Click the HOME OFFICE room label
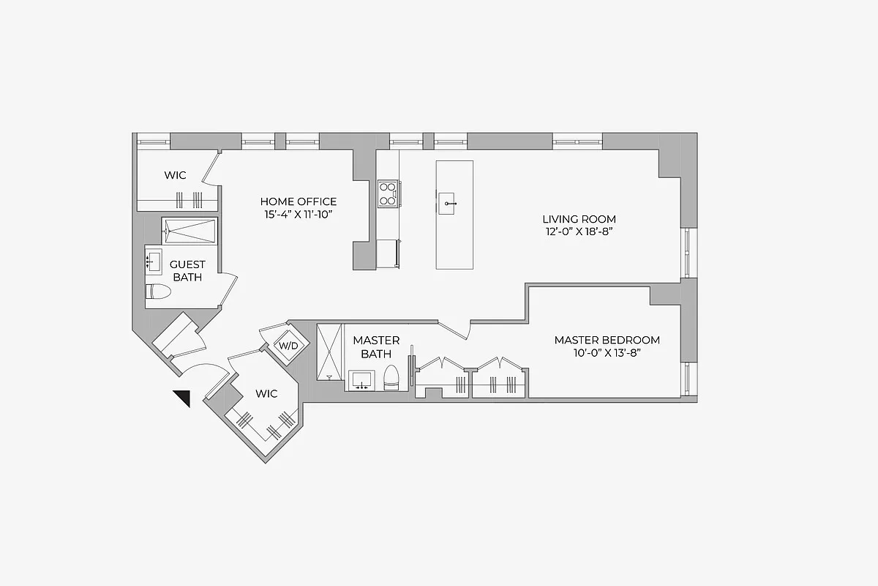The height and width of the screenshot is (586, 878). [x=299, y=201]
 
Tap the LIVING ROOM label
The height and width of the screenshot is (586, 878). [x=579, y=219]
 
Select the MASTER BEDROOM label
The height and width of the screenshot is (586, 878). [x=607, y=340]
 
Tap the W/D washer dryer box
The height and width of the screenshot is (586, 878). [x=285, y=345]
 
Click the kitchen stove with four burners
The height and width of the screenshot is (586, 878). [x=387, y=193]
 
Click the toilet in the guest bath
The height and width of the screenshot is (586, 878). [x=158, y=292]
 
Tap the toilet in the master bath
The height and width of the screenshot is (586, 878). [x=391, y=377]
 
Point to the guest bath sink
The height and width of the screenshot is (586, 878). [x=154, y=262]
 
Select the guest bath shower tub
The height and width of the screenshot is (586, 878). [x=190, y=231]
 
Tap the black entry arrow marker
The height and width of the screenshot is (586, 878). [x=182, y=398]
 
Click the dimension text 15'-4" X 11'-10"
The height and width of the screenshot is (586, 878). [x=299, y=214]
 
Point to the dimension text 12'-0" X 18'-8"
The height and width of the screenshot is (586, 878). [x=579, y=231]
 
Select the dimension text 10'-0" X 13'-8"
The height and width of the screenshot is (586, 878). [x=607, y=352]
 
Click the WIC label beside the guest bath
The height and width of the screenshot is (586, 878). [x=175, y=176]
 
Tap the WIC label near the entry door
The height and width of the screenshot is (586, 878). [x=266, y=394]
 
